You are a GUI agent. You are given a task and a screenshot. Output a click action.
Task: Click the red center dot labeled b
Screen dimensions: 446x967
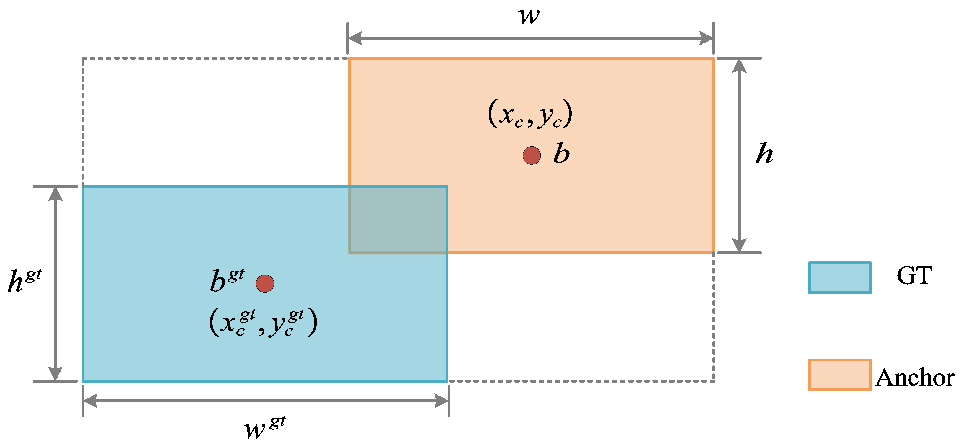click(x=532, y=155)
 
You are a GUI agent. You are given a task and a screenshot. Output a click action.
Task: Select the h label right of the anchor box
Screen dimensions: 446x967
click(x=764, y=153)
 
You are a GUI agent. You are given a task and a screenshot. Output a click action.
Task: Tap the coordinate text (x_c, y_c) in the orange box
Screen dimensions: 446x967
click(x=530, y=114)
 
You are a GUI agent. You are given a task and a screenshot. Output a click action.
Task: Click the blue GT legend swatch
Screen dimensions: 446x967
click(x=840, y=277)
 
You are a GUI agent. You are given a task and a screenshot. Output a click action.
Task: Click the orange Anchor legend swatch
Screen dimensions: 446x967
click(x=840, y=375)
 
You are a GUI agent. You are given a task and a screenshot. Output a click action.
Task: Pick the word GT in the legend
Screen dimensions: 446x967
click(x=914, y=276)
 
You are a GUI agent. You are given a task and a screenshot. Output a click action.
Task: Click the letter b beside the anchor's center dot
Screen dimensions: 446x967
click(x=562, y=153)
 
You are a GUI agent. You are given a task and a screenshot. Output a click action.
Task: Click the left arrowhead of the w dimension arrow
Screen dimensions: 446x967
click(x=355, y=38)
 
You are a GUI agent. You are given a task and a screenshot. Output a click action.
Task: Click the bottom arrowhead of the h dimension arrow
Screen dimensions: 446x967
click(x=739, y=246)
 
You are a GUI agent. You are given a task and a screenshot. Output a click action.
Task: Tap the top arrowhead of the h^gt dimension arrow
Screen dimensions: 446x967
click(x=56, y=194)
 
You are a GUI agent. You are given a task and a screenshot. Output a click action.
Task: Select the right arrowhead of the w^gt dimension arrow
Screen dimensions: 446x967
click(x=442, y=401)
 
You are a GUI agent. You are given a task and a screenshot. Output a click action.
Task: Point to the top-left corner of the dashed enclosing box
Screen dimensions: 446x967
click(x=83, y=58)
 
